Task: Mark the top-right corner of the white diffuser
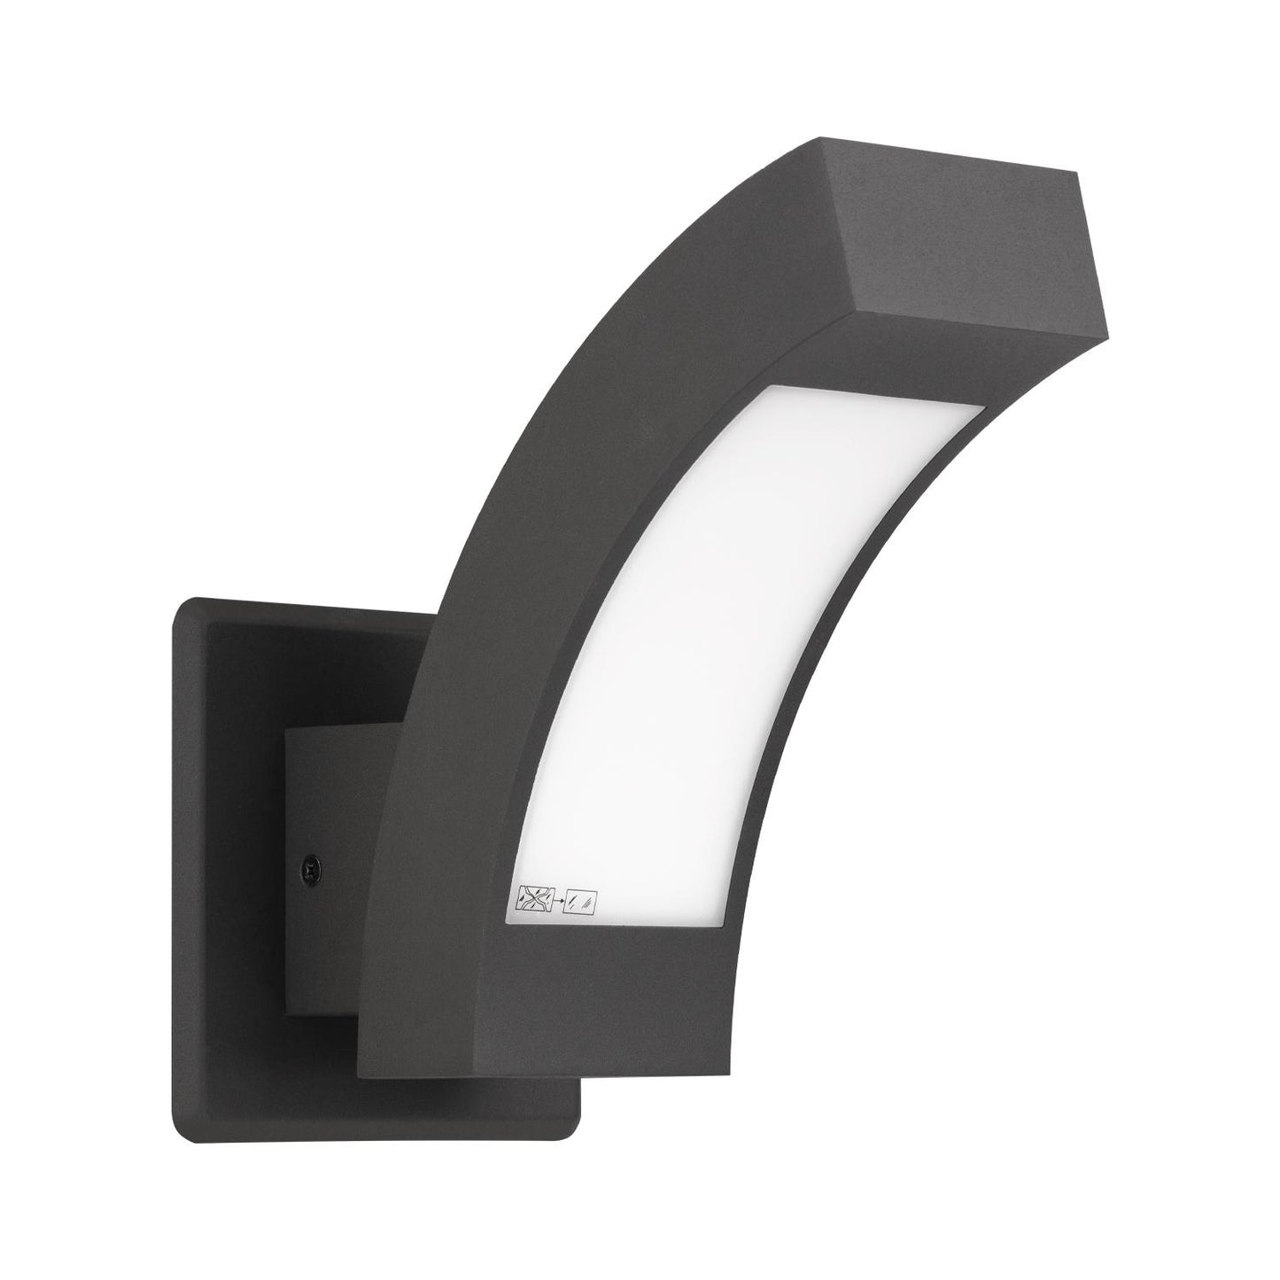(982, 408)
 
